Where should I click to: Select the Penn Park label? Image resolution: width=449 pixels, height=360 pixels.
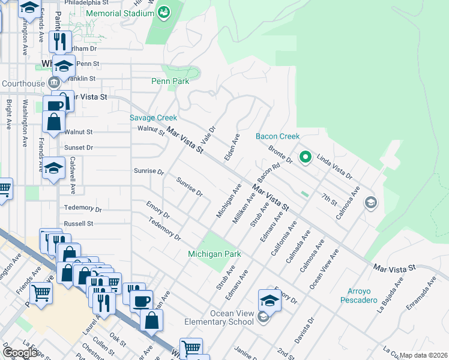[x=170, y=81]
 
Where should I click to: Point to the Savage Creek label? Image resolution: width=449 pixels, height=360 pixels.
[x=154, y=118]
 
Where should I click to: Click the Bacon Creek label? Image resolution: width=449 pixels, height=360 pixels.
[x=277, y=137]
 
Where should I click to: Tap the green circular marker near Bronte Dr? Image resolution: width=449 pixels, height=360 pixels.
[x=305, y=157]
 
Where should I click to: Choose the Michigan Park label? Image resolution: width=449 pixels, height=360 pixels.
[x=214, y=254]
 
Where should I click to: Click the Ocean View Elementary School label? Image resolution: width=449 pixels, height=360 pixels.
[x=232, y=317]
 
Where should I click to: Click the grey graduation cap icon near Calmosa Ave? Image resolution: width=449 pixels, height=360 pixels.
[x=370, y=203]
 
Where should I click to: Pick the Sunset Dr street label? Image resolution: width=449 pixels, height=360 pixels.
[x=79, y=147]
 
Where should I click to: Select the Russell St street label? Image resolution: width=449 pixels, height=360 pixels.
[x=79, y=223]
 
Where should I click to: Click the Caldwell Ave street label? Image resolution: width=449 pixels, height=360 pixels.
[x=72, y=175]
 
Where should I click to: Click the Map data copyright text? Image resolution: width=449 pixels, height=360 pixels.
[x=423, y=355]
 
